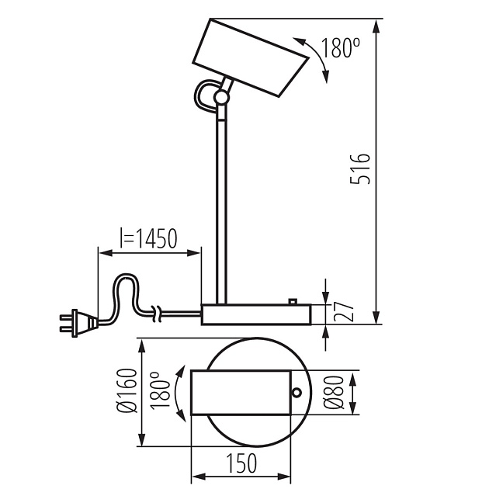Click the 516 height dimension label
pos(360,168)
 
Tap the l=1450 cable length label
pos(148,238)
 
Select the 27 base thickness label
pos(344,311)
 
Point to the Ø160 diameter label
pos(127,390)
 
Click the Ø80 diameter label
pos(334,392)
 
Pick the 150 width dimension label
pos(241,463)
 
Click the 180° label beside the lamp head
pos(340,47)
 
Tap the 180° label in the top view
pos(160,390)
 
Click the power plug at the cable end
pos(78,324)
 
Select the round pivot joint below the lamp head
pos(222,97)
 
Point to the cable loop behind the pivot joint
pos(205,95)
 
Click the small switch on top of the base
pos(293,302)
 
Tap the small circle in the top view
pos(297,392)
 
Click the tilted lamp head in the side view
pos(251,57)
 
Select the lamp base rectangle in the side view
pos(256,314)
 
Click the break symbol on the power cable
pos(157,314)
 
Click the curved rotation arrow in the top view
pos(179,394)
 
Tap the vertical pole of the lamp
pos(221,211)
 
